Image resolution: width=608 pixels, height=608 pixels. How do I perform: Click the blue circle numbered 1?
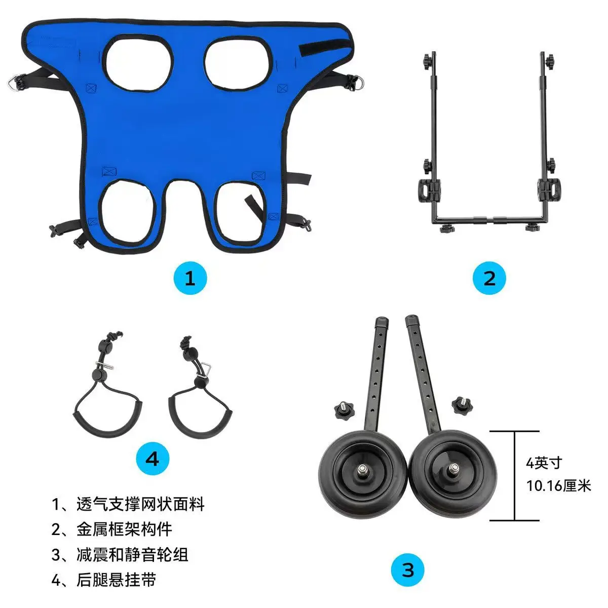click(x=191, y=278)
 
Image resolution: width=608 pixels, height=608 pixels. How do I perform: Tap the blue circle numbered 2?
click(x=489, y=278)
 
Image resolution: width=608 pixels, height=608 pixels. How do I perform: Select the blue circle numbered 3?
click(x=408, y=570)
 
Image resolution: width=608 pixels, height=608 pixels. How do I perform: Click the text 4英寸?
click(x=544, y=463)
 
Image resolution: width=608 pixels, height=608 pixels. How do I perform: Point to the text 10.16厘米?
click(x=558, y=485)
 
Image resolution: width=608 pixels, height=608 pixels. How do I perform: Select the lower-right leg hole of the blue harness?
click(x=239, y=214)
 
